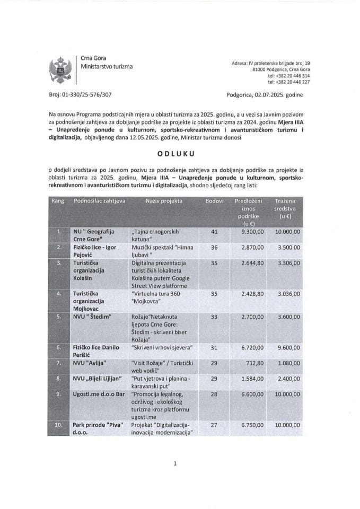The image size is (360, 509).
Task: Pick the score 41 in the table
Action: click(x=215, y=232)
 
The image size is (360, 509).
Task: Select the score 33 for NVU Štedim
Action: click(x=215, y=317)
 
